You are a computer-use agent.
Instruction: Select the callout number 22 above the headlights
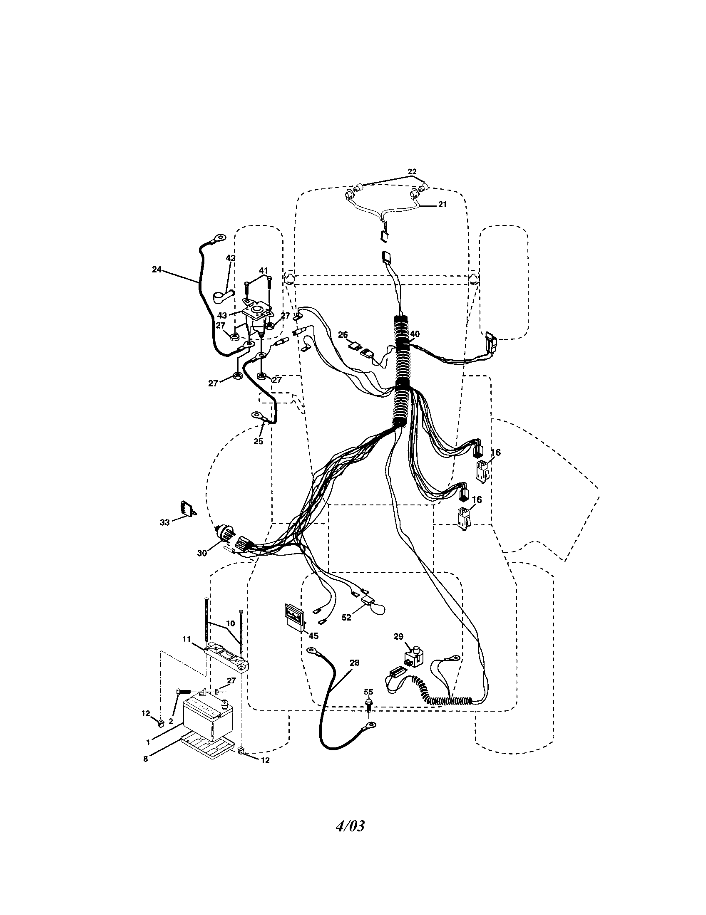pos(412,171)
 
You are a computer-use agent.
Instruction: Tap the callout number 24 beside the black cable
pos(157,270)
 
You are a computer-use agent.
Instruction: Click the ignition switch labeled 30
pos(224,534)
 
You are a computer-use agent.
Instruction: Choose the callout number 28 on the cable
pos(354,663)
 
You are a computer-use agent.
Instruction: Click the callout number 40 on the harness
pos(415,334)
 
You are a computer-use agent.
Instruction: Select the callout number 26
pos(343,335)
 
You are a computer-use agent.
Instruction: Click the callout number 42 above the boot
pos(231,258)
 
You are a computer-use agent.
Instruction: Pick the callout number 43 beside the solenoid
pos(222,315)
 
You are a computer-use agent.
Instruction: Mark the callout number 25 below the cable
pos(258,441)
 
